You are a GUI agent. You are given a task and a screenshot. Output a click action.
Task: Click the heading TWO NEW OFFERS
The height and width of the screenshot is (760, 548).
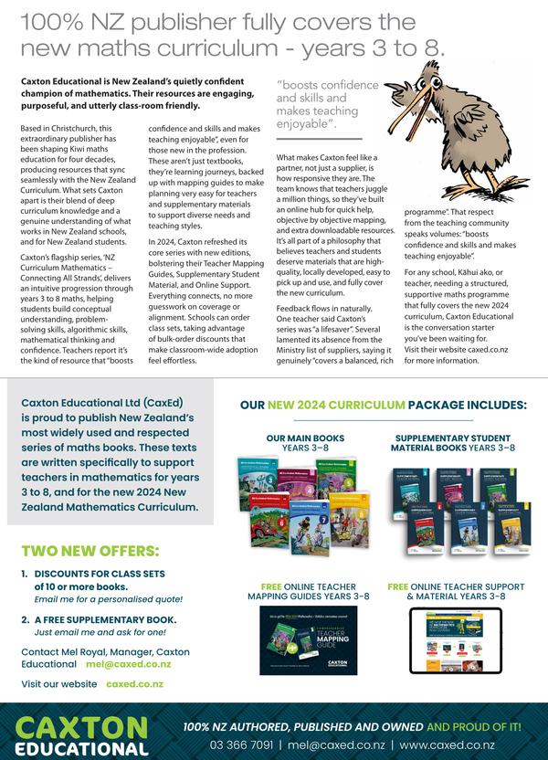point(90,551)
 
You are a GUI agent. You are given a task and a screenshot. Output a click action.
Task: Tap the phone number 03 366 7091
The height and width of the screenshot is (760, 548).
point(241,744)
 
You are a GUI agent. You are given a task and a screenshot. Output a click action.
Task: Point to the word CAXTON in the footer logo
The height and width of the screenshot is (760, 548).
point(83,727)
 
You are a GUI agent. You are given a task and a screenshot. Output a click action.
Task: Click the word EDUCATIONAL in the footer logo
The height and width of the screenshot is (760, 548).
point(83,748)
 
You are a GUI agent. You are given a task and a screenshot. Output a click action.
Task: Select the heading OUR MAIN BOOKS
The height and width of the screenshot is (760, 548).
point(302,439)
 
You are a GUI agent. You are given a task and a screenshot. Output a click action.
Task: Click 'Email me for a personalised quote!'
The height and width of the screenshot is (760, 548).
point(108,599)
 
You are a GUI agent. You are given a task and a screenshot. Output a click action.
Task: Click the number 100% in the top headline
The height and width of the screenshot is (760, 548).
point(53,19)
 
